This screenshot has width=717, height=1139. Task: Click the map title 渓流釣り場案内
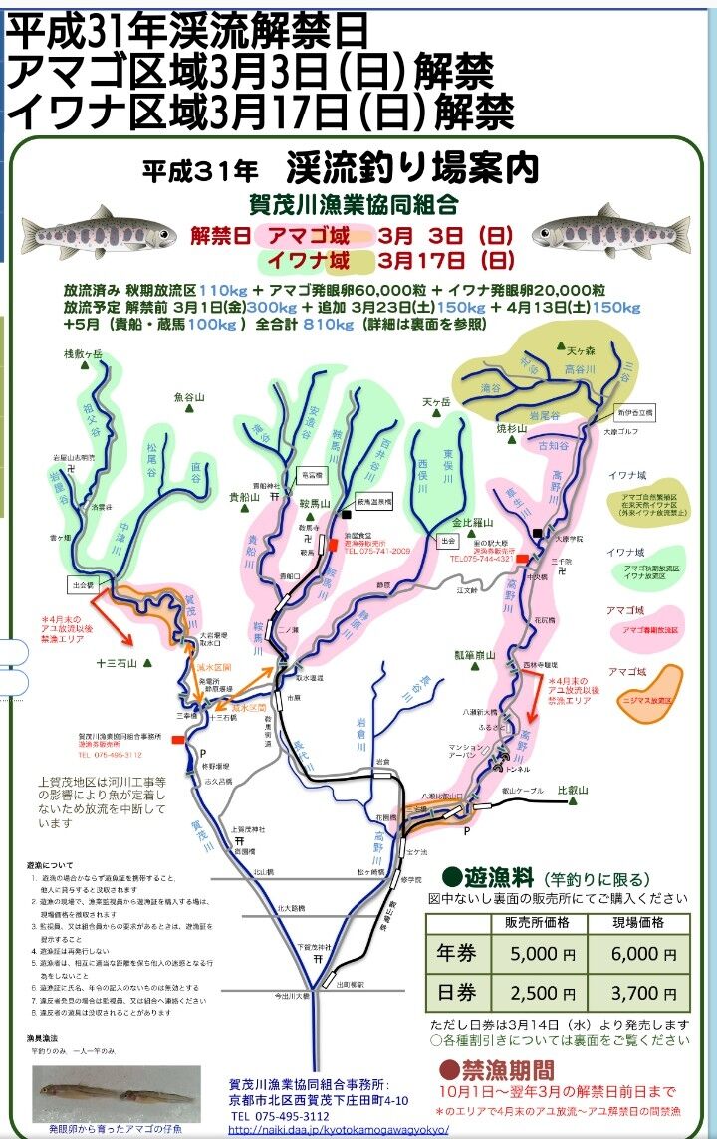point(411,168)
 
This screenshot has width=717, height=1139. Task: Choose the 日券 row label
point(459,993)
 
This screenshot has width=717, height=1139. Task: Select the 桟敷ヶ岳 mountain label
point(84,354)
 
